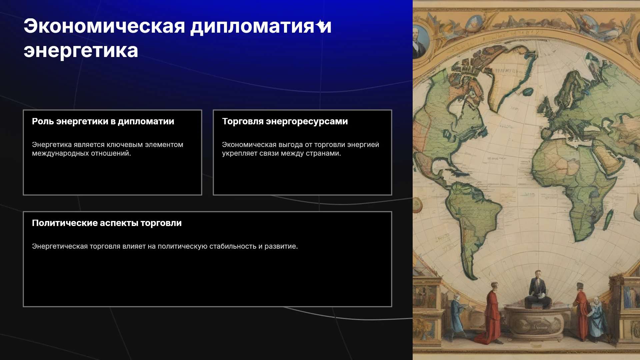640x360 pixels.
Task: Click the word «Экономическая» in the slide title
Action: [104, 26]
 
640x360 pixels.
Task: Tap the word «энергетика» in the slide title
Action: [81, 51]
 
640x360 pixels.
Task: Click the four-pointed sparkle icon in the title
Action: [321, 25]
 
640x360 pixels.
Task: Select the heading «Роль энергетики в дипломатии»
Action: [103, 121]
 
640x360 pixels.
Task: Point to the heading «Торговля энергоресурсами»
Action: [285, 121]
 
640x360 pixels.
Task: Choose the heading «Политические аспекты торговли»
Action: [107, 223]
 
